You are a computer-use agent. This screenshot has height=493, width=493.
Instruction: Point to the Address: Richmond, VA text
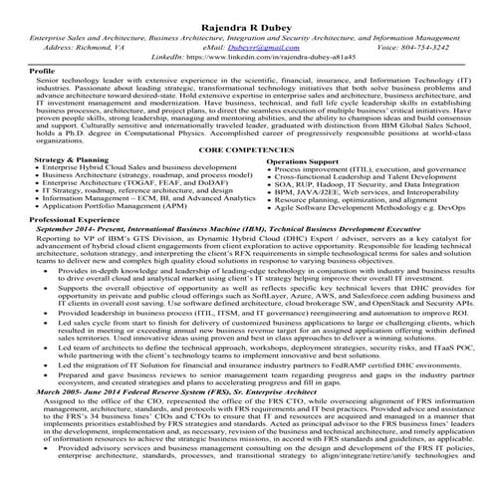click(85, 45)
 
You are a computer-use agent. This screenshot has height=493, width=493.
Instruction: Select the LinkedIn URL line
click(246, 58)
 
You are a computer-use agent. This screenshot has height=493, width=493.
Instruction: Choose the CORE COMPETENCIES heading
click(246, 147)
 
